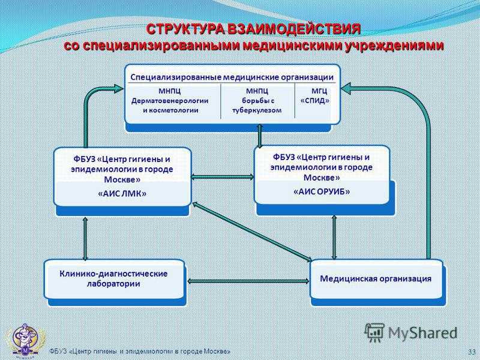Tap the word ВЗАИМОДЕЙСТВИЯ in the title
[x=294, y=29]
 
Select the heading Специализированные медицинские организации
[x=232, y=77]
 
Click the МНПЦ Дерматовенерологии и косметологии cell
[x=170, y=100]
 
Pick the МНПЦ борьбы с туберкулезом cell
[x=257, y=100]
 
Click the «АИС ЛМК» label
[x=122, y=193]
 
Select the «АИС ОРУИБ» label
[x=322, y=191]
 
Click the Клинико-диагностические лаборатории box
[x=114, y=279]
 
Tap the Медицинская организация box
[x=376, y=279]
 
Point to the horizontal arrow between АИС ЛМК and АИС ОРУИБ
[x=223, y=177]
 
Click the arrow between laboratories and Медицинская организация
[x=248, y=281]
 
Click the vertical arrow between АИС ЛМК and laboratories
[x=85, y=238]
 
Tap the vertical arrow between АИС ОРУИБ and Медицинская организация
[x=334, y=237]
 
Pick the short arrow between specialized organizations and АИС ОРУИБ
[x=260, y=136]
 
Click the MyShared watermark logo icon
[x=374, y=332]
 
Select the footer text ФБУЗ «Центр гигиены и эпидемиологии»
[x=140, y=351]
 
